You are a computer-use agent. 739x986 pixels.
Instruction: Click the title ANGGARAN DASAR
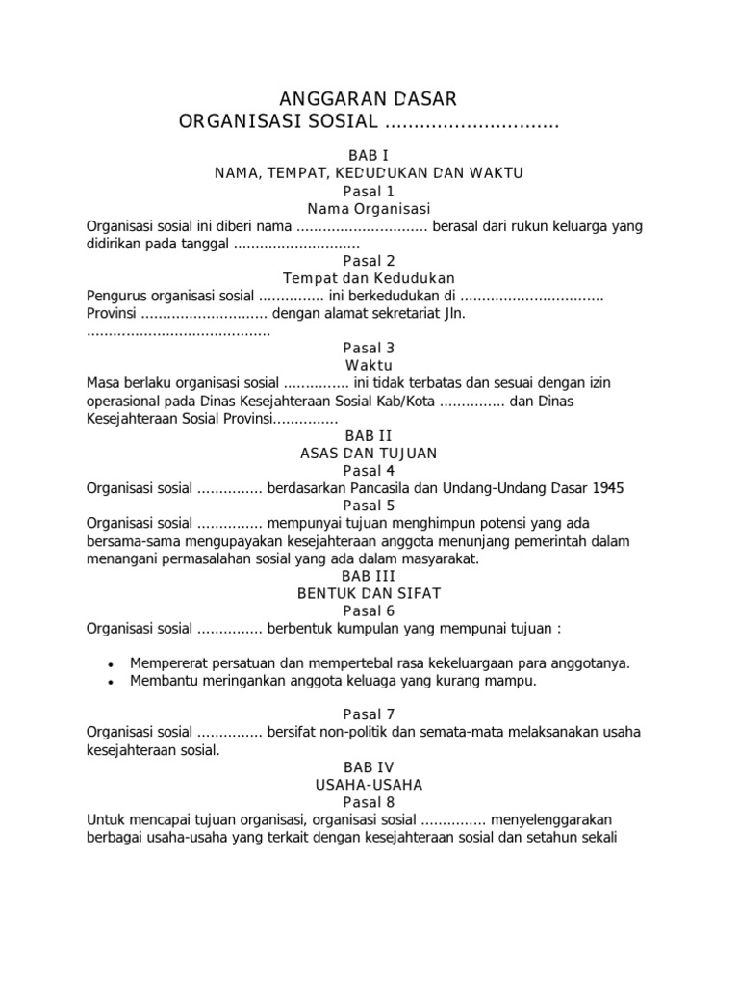click(x=369, y=99)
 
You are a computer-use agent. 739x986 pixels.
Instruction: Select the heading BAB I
click(x=369, y=155)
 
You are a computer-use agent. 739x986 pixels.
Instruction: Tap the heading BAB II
click(x=369, y=436)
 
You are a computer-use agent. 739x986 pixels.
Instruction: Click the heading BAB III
click(x=369, y=576)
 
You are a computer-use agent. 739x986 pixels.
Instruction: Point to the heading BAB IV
click(x=369, y=767)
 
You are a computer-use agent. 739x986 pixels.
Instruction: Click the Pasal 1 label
click(x=369, y=191)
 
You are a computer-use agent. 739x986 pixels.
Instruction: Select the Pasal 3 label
click(x=369, y=349)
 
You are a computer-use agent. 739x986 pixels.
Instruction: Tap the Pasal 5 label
click(x=369, y=506)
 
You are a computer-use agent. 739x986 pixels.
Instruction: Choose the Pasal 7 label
click(x=369, y=715)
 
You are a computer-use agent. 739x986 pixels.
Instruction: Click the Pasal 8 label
click(x=369, y=802)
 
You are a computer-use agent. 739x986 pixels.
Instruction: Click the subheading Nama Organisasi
click(x=369, y=208)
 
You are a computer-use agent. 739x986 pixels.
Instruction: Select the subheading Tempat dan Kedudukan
click(x=369, y=278)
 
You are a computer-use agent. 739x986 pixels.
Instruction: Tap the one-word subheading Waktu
click(x=369, y=366)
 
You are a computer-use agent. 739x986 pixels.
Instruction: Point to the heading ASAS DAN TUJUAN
click(x=369, y=454)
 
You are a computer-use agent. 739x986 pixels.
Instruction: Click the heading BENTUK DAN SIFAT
click(x=369, y=593)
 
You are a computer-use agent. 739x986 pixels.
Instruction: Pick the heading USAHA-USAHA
click(x=369, y=785)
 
